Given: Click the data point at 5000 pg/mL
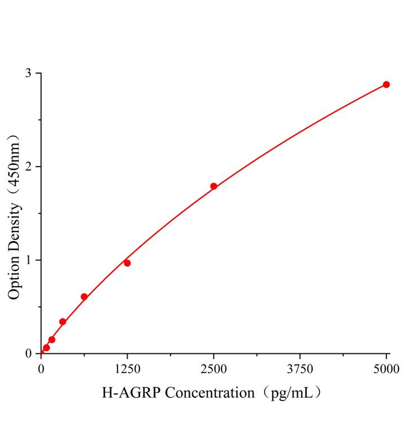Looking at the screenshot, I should click(x=386, y=84).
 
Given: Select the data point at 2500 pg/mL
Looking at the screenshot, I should click(x=214, y=186).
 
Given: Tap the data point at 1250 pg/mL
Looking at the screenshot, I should click(x=127, y=263).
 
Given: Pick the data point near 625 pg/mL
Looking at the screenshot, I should click(x=84, y=297).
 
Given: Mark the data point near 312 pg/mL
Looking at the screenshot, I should click(x=63, y=321).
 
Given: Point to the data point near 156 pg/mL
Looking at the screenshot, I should click(x=52, y=339).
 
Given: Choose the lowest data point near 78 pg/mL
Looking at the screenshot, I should click(x=46, y=348).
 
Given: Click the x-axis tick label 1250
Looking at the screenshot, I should click(x=127, y=369).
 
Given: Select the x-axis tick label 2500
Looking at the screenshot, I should click(x=214, y=369).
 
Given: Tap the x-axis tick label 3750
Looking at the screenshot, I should click(x=300, y=369).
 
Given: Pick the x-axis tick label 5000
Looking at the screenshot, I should click(x=386, y=369).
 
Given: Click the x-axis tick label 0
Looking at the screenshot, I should click(x=41, y=369).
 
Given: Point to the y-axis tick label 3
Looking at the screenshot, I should click(x=28, y=73).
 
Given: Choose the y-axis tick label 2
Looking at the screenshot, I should click(x=28, y=167).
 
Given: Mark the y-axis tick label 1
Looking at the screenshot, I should click(x=28, y=260).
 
